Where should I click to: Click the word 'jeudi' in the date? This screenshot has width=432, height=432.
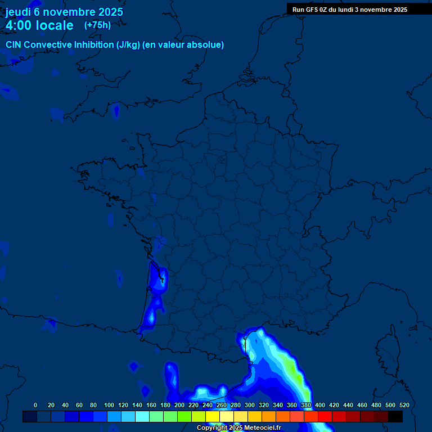[19, 12]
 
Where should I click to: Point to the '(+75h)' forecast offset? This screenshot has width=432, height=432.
[97, 25]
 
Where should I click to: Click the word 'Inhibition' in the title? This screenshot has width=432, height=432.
[94, 44]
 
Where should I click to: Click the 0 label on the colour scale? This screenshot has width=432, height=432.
[35, 405]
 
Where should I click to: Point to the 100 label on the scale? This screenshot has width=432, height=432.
[109, 405]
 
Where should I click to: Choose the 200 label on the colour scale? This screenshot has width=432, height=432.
[179, 405]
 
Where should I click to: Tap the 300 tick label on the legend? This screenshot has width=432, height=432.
[250, 405]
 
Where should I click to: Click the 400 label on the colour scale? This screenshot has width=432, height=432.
[320, 405]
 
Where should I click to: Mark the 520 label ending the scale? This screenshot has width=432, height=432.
[404, 405]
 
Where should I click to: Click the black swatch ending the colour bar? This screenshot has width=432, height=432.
[395, 416]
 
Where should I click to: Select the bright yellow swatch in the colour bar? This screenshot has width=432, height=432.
[213, 416]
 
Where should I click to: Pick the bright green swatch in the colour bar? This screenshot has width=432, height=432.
[184, 416]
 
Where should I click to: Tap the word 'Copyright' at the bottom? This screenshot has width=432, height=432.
[212, 428]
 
